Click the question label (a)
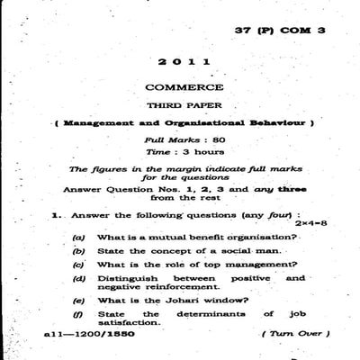point(79,236)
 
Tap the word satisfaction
point(123,321)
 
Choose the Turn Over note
point(289,334)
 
